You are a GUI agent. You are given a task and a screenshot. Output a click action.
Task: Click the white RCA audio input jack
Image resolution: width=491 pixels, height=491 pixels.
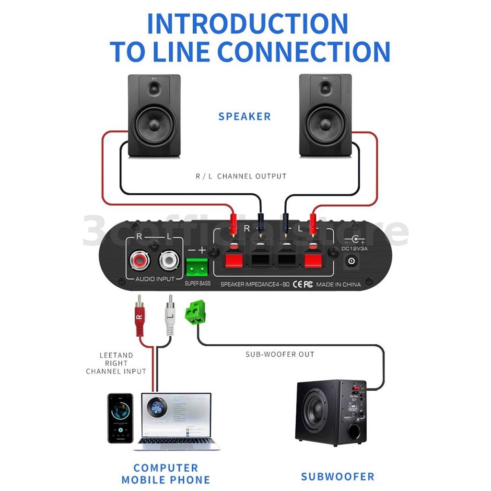coord(168,261)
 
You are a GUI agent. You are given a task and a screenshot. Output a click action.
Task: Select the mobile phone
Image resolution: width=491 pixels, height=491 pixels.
coord(120,418)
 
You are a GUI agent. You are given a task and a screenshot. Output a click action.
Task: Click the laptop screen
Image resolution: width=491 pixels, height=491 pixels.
coord(176,415)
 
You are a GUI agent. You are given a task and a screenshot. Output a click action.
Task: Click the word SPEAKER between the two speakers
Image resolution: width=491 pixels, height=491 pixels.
coord(245,117)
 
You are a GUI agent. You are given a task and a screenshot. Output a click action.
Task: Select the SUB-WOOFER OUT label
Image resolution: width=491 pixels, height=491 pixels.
coord(280,354)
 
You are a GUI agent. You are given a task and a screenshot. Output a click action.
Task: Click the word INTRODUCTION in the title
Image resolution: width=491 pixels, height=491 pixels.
coord(247,24)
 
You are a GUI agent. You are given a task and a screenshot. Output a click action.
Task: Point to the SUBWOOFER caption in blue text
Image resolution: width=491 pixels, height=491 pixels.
coord(337,477)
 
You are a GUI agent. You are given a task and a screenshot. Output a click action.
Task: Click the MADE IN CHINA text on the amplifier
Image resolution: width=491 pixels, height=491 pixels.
coord(339,284)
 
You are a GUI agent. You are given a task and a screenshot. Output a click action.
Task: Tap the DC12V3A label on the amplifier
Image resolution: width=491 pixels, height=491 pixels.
coord(355,248)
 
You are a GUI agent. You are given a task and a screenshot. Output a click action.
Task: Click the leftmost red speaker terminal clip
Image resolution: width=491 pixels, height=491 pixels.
coord(233,259)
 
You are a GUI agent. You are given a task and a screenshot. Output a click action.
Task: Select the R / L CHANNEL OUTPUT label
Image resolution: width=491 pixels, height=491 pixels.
coord(241,176)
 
